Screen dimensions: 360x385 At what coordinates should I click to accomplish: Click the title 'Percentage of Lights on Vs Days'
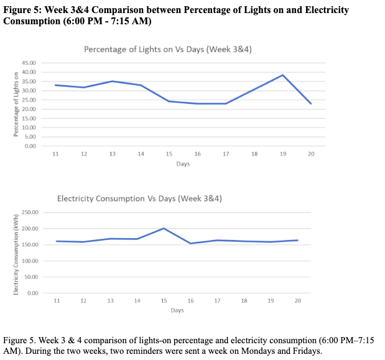click(x=167, y=49)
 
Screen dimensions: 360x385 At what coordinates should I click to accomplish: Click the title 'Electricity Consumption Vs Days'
click(x=139, y=199)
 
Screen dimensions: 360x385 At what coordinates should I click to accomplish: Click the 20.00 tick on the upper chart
click(x=30, y=109)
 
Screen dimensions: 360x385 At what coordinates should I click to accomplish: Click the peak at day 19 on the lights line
click(x=282, y=75)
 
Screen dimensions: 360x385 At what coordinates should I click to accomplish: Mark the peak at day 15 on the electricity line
click(x=163, y=228)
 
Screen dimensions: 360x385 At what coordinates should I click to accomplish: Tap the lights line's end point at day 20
click(x=311, y=103)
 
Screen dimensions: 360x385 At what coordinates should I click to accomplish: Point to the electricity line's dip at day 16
click(x=190, y=243)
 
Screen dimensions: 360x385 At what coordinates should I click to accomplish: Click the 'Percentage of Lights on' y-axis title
click(x=16, y=104)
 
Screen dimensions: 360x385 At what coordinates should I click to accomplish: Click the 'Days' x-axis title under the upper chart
click(x=182, y=164)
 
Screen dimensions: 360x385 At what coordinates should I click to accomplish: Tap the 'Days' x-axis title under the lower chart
click(x=177, y=310)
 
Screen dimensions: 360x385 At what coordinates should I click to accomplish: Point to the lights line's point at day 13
click(x=112, y=81)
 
